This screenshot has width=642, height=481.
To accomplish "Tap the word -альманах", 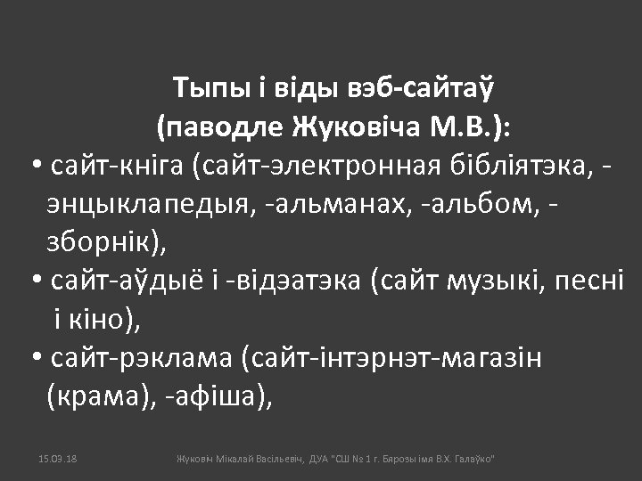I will coord(334,205).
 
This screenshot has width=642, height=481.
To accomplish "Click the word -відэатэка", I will coord(294,281).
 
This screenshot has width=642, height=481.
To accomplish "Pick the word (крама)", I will coord(98,396).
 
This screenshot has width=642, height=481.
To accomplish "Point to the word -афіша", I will coord(219,396).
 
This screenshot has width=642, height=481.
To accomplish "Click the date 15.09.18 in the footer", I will coord(59,458).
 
